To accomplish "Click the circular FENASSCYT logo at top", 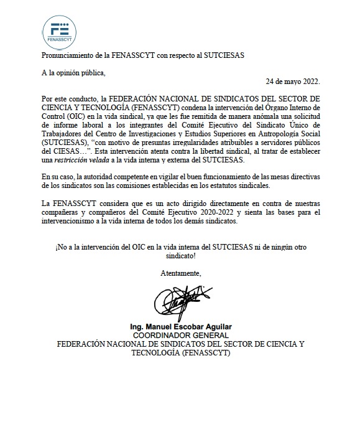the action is click(x=60, y=30).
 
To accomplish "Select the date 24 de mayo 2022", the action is click(x=293, y=82).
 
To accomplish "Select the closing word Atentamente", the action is click(x=180, y=273).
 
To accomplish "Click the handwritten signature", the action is click(x=180, y=301).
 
